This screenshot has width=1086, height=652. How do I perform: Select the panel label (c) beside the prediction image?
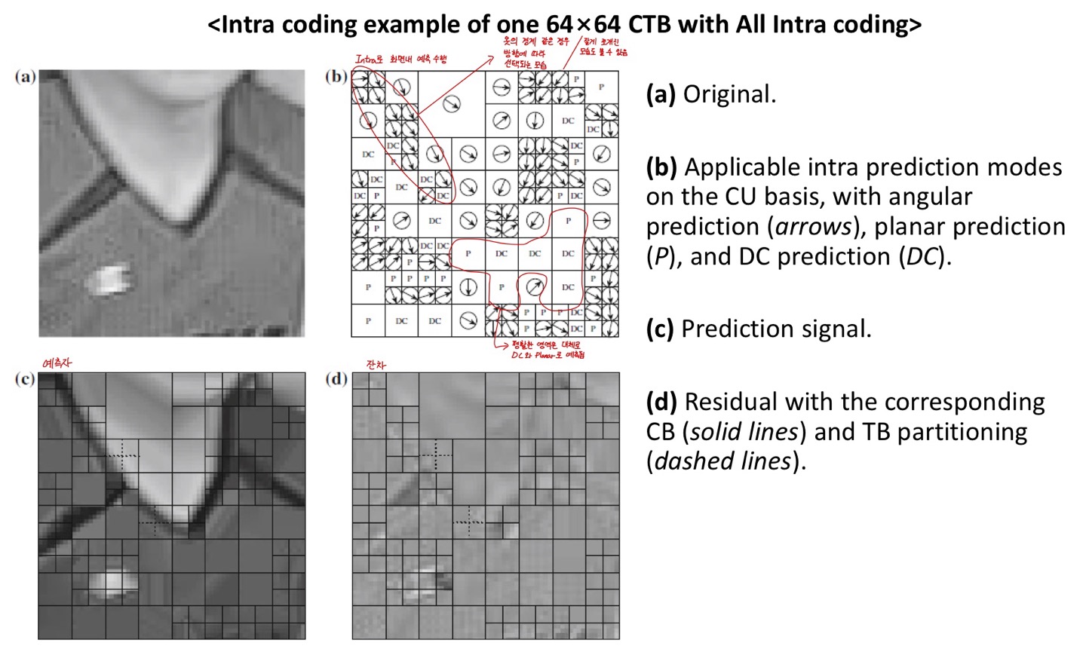[25, 378]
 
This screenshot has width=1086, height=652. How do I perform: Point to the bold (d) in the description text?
[661, 402]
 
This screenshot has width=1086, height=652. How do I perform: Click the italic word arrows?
[811, 227]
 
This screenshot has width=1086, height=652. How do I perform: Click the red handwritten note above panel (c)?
[57, 363]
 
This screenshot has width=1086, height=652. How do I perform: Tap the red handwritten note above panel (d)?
[376, 364]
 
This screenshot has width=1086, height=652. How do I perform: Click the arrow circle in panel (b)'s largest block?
[451, 103]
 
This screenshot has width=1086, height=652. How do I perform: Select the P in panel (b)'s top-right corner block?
[601, 87]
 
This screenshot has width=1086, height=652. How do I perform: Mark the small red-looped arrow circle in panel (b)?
[534, 286]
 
